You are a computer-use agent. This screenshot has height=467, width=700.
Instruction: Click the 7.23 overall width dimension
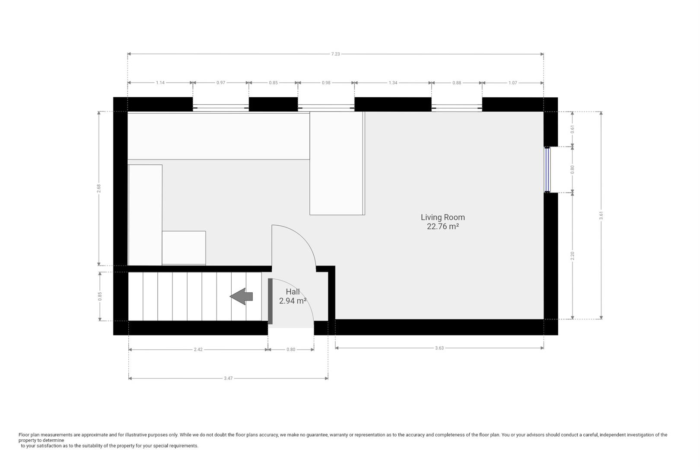[x=335, y=54]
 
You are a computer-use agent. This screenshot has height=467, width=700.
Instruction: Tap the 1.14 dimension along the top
[x=160, y=83]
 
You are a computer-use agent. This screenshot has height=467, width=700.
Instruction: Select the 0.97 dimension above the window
[x=220, y=83]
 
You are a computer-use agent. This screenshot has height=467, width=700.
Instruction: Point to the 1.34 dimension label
[x=392, y=83]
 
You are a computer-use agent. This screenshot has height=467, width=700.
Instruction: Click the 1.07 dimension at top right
[x=512, y=83]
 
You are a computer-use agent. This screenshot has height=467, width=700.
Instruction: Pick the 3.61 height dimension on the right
[x=601, y=215]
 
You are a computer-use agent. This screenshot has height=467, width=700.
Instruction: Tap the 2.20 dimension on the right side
[x=573, y=256]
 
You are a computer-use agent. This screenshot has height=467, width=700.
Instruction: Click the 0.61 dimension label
[x=573, y=129]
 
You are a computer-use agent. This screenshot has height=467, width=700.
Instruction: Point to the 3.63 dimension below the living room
[x=439, y=348]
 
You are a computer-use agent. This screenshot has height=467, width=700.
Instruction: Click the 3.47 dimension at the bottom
[x=228, y=378]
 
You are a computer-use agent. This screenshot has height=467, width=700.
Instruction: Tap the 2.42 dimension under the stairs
[x=198, y=349]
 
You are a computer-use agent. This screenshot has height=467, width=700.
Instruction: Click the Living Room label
[x=442, y=218]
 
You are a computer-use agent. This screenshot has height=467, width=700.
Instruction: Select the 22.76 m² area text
[x=442, y=227]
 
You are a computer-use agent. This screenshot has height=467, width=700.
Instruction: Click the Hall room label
[x=293, y=292]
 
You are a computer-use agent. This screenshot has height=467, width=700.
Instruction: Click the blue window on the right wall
[x=547, y=169]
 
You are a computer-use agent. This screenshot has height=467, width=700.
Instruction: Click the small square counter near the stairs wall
[x=184, y=248]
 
